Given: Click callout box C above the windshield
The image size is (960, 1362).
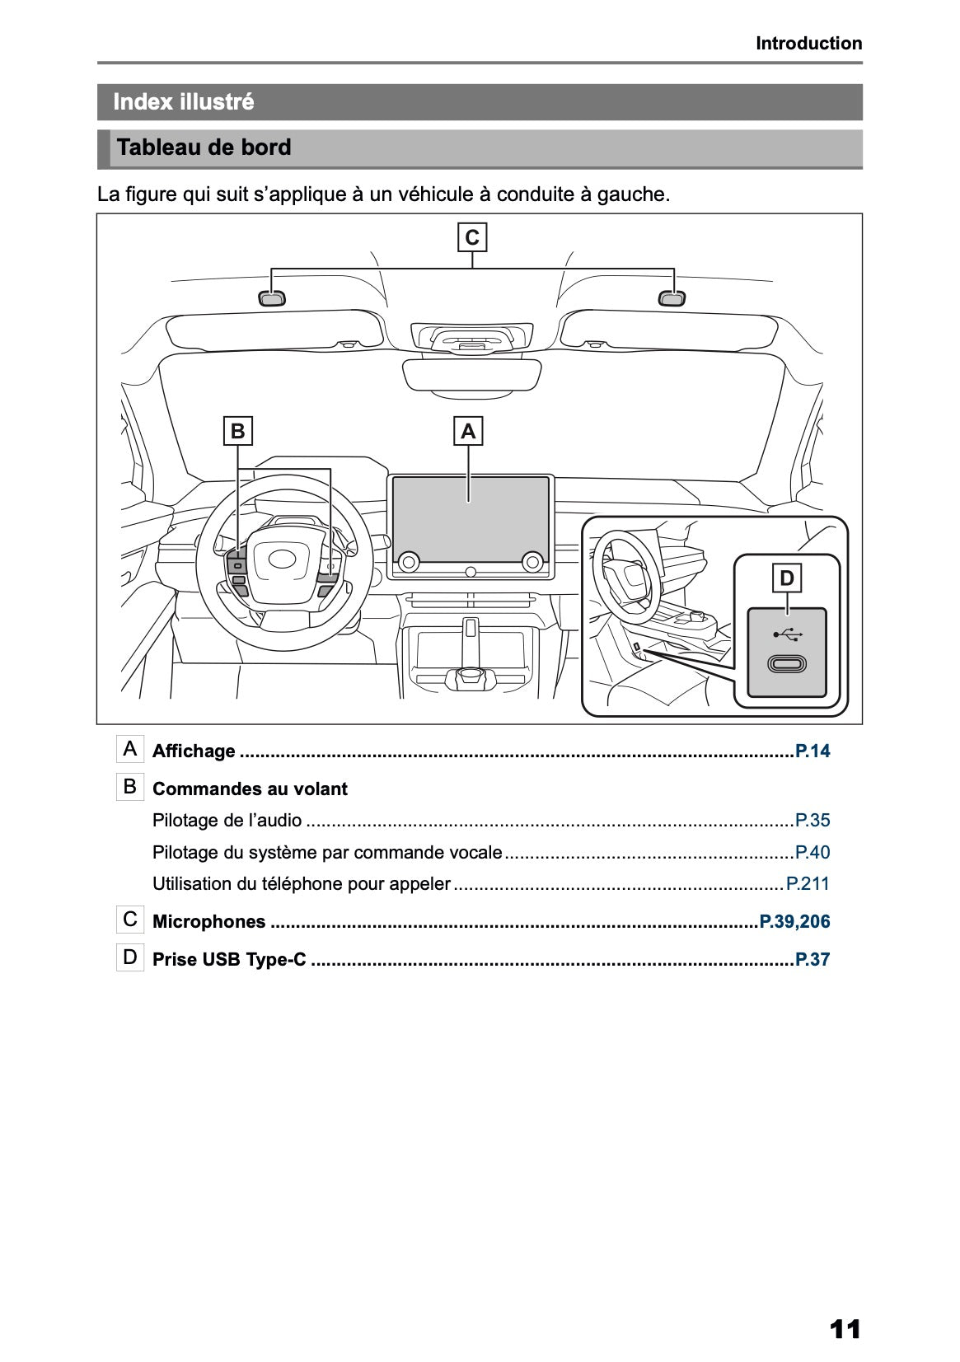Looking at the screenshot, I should point(472,238).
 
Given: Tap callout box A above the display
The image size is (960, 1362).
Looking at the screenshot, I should point(468,431).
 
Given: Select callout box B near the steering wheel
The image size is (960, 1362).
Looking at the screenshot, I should point(237,431).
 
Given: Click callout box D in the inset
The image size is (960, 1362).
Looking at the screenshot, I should point(787,578).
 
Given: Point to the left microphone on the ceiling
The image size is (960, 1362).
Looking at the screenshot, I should point(272,298).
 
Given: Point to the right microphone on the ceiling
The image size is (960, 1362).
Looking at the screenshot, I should point(672,298).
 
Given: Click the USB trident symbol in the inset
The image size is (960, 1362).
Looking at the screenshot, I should point(787,634).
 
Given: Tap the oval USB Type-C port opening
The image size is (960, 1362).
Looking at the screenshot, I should point(787,664).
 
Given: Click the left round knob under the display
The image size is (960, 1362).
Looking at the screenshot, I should point(407,562).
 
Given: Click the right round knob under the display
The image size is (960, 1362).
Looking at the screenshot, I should point(532,562).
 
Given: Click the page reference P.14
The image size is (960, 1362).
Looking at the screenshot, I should point(812,751).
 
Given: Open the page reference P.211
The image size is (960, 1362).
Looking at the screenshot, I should point(808,884).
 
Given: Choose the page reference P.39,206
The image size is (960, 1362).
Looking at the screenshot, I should point(794,922).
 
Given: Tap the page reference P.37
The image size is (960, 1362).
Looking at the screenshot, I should point(812,960).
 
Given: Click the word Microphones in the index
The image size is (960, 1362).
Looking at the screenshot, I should point(209,922).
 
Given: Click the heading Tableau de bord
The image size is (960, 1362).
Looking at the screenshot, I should point(204,147).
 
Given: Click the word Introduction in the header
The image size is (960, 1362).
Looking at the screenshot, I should point(808,44).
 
